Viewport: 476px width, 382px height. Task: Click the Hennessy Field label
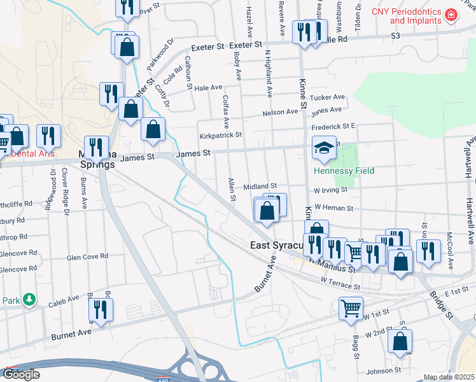coord(343,171)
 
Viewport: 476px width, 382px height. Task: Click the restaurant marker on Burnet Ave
coord(101,309)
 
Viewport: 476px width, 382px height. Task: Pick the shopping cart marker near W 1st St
coord(351,309)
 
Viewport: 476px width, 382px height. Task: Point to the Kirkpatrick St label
coord(221,135)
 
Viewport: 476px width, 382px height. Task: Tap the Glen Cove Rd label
coord(88,257)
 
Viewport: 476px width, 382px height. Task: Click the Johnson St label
coord(384,370)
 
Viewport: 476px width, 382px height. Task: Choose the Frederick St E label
coord(333,127)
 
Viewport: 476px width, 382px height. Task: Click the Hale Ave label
coord(208,87)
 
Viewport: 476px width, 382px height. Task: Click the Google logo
coord(21,374)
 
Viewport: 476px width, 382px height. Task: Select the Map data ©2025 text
coord(449,377)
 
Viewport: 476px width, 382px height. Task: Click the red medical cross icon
coord(451,14)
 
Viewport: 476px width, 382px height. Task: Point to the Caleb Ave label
coord(64,298)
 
